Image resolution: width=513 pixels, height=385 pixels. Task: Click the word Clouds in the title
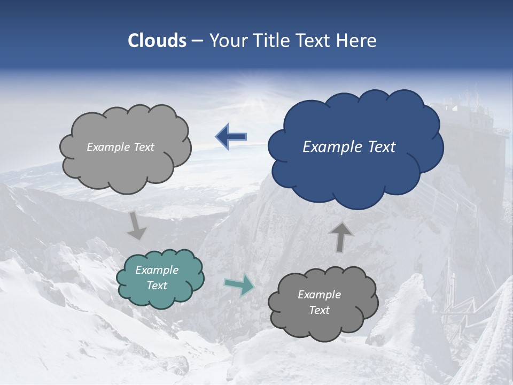pyautogui.click(x=157, y=41)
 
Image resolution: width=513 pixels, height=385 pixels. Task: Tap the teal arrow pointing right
pyautogui.click(x=239, y=285)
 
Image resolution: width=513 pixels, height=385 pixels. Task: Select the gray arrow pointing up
pyautogui.click(x=341, y=237)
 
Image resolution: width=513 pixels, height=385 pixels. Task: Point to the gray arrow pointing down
pyautogui.click(x=136, y=226)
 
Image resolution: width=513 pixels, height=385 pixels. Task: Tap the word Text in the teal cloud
pyautogui.click(x=157, y=286)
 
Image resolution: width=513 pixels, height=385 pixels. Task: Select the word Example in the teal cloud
pyautogui.click(x=157, y=270)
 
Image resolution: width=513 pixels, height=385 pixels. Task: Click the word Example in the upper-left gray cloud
pyautogui.click(x=107, y=147)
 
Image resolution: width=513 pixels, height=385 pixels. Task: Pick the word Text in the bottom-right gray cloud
pyautogui.click(x=320, y=310)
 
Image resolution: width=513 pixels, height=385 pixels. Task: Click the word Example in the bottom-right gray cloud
pyautogui.click(x=320, y=295)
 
